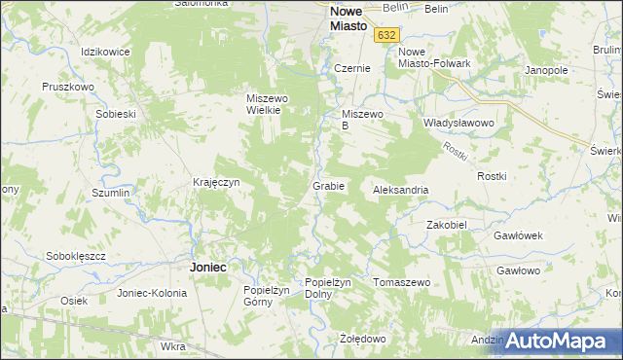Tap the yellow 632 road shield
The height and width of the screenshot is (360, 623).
tap(387, 34)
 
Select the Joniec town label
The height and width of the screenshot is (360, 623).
tap(208, 266)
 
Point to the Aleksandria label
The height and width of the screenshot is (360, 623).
tap(401, 190)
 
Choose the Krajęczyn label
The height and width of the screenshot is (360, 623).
tap(216, 182)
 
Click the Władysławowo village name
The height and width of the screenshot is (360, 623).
tap(459, 124)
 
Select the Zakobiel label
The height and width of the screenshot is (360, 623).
tap(448, 224)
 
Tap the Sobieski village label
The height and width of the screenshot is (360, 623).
tap(115, 114)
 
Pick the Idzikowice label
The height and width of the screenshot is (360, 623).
tap(106, 51)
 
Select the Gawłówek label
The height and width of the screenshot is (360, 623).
tap(517, 235)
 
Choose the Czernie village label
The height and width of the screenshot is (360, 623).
tap(351, 69)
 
